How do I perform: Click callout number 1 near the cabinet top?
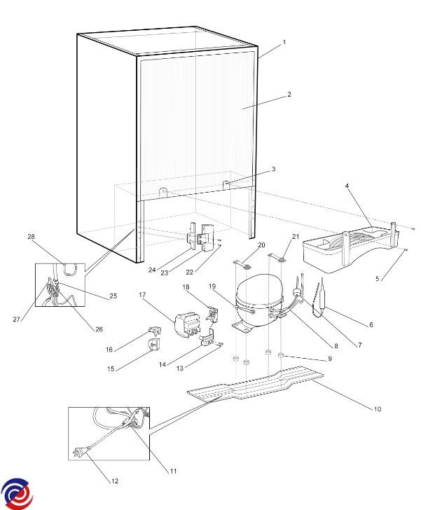coord(284,43)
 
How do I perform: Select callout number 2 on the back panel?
coord(289,94)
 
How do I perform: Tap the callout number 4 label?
coord(348,186)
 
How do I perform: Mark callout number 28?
coord(30,237)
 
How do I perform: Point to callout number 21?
coord(296,236)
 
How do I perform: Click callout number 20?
coord(261,244)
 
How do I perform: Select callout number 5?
coord(378,279)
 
